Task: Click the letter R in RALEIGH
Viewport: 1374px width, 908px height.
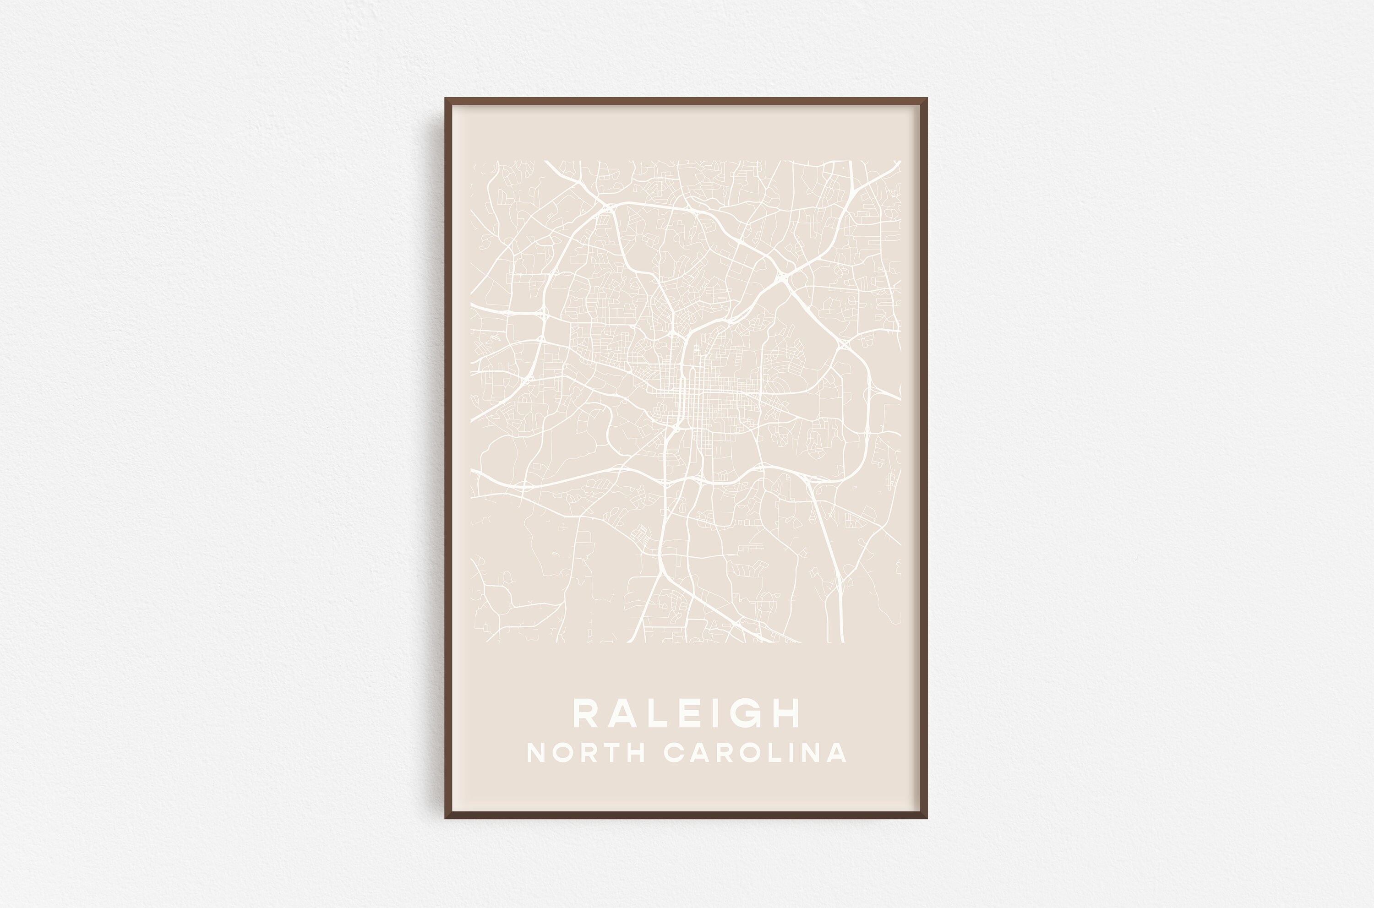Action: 586,713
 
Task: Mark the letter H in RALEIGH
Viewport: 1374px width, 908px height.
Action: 785,713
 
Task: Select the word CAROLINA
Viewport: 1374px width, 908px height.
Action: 755,753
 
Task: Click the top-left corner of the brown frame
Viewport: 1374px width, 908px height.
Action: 446,99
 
